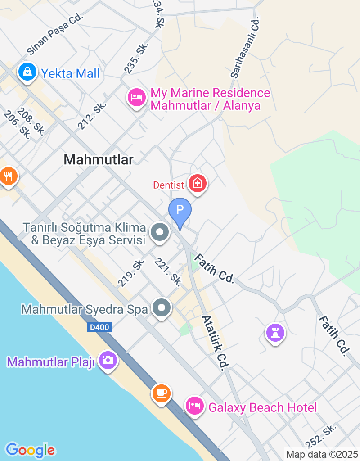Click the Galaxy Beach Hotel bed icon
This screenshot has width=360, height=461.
click(x=194, y=406)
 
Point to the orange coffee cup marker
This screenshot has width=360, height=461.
click(x=161, y=393)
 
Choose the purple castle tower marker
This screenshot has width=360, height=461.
click(x=275, y=333)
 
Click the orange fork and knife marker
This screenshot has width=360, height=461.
click(x=8, y=176)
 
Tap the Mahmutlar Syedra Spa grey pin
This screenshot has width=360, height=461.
click(x=161, y=308)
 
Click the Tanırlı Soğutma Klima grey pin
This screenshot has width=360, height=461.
click(x=160, y=233)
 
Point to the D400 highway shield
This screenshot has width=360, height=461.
click(x=99, y=328)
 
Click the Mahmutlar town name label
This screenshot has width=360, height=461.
click(x=99, y=159)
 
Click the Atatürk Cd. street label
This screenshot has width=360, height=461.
click(x=214, y=343)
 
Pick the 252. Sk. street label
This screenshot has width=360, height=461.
click(x=321, y=435)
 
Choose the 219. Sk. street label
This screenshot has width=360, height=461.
click(x=131, y=273)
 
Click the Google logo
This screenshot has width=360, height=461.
click(x=30, y=450)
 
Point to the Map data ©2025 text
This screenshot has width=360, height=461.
click(x=322, y=455)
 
